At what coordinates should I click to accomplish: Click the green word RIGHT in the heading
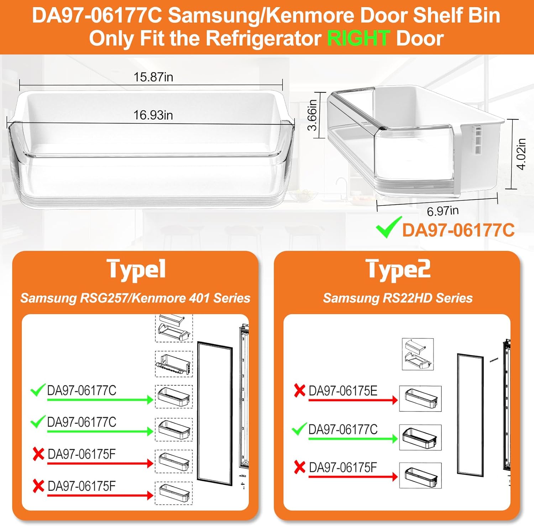[x=358, y=38]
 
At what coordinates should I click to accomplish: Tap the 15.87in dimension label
[x=153, y=77]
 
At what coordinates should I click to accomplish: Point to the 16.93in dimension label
[x=153, y=115]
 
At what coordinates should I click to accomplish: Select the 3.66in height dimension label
[x=312, y=115]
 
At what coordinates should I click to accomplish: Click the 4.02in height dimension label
[x=521, y=154]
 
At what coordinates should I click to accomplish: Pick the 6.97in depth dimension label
[x=443, y=211]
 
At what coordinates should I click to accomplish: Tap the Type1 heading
[x=136, y=270]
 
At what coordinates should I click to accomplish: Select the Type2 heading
[x=398, y=270]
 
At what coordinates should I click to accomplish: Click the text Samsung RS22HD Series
[x=398, y=298]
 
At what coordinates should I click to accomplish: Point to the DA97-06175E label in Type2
[x=343, y=391]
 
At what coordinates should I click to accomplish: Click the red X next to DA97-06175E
[x=300, y=390]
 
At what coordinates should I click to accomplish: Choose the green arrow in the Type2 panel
[x=353, y=439]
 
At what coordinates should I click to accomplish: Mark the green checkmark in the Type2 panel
[x=299, y=429]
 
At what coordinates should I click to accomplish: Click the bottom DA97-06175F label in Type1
[x=82, y=486]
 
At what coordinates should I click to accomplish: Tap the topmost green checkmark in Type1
[x=38, y=390]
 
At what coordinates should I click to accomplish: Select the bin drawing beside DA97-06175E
[x=420, y=399]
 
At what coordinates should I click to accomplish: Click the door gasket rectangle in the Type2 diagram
[x=471, y=414]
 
